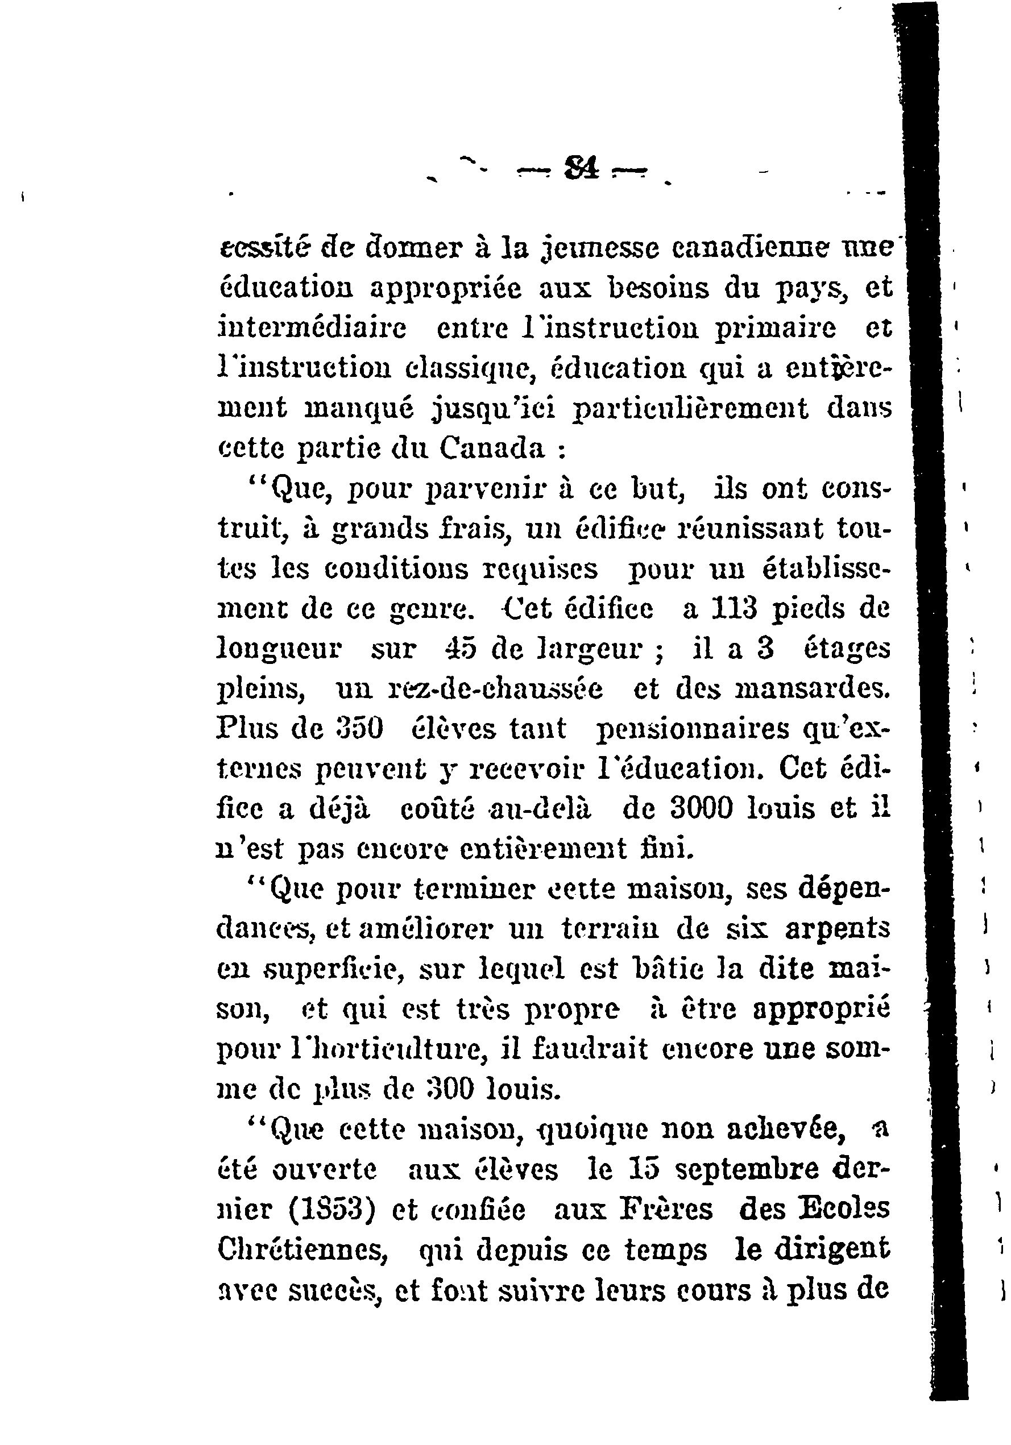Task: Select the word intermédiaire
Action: coord(312,328)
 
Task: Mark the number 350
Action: coord(366,729)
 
